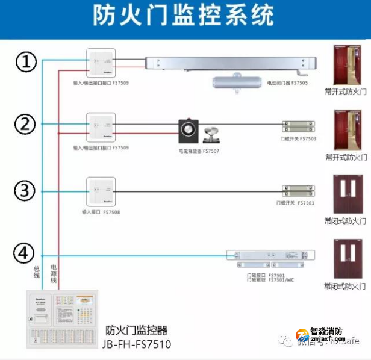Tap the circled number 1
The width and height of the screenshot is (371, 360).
26,61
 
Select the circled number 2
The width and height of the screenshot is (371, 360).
26,125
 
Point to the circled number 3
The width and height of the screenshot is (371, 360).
26,191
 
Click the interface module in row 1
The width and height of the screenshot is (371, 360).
101,61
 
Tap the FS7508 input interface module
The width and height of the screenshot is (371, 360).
101,191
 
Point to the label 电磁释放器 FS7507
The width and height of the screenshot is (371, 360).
199,151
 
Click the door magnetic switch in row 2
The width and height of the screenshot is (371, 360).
298,126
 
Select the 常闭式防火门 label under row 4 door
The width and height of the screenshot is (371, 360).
345,286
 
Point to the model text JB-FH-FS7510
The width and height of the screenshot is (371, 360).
137,344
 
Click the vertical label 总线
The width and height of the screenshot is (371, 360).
36,272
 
